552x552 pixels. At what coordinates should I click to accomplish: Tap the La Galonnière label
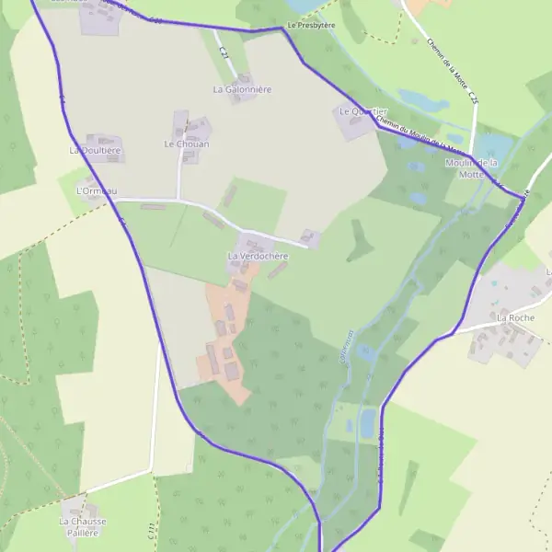coord(242,89)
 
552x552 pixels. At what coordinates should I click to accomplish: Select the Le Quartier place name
coord(358,111)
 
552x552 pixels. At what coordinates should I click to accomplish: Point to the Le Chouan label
coord(187,144)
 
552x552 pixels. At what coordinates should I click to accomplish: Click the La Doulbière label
coord(96,149)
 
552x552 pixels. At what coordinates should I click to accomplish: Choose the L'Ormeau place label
coord(97,191)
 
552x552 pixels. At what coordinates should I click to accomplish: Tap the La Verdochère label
coord(258,255)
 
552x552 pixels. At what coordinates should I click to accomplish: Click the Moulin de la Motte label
coord(471,167)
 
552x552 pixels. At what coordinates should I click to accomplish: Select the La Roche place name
coord(515,317)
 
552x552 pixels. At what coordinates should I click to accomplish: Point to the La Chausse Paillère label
coord(83,526)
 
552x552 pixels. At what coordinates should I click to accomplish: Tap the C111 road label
coord(150,531)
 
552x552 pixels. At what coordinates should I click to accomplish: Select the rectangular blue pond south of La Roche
coord(369,422)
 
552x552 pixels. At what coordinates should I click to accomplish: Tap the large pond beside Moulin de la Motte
coord(492,145)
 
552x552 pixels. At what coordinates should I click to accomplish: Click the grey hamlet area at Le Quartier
coord(354,124)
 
